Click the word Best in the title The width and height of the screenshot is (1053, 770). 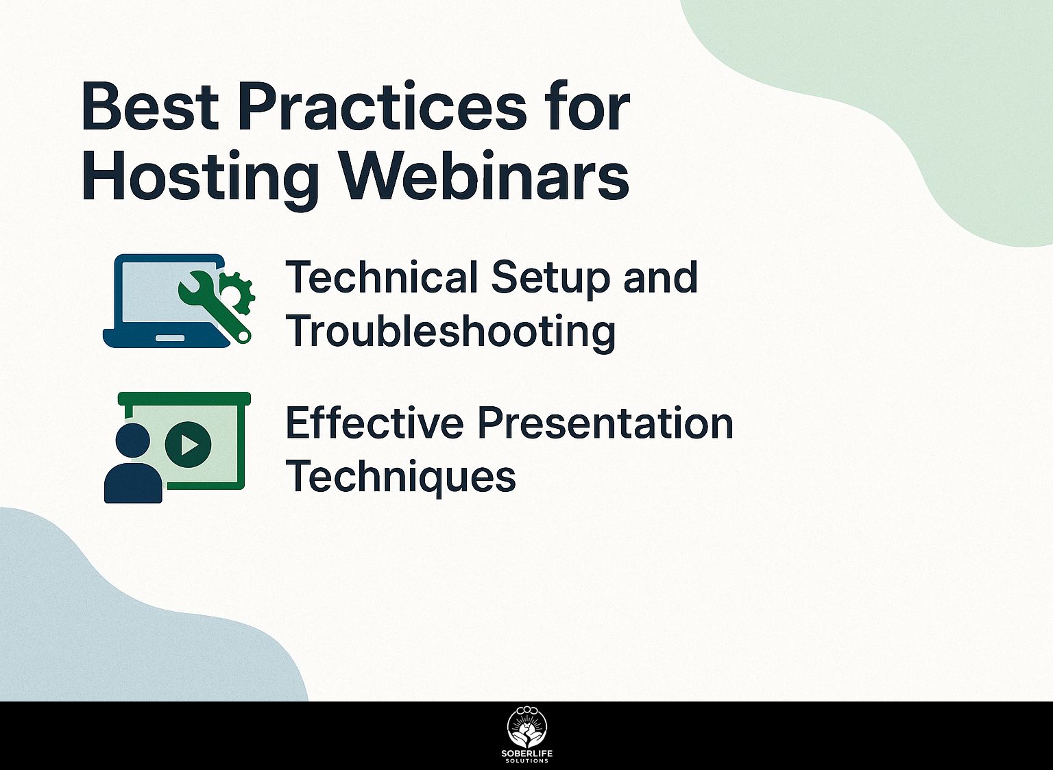click(x=150, y=107)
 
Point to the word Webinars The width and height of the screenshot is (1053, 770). click(x=484, y=175)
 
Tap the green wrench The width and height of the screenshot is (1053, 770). click(x=214, y=308)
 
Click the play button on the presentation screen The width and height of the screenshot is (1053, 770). click(x=188, y=445)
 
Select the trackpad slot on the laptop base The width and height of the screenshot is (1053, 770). click(x=170, y=338)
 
